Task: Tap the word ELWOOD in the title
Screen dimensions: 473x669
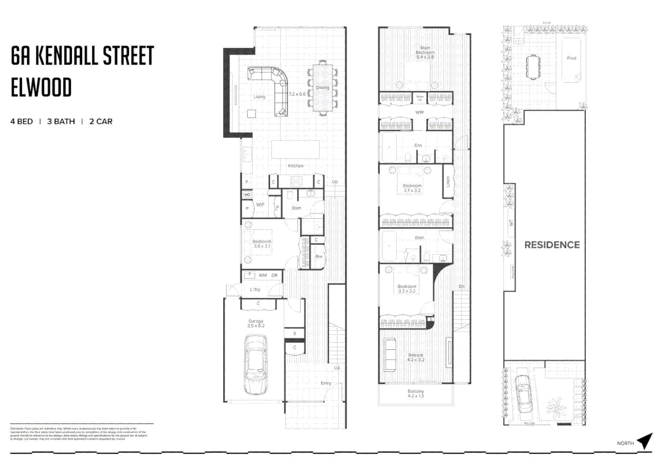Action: pos(41,88)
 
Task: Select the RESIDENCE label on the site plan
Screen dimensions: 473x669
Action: pos(552,245)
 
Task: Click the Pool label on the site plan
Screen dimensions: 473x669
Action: pos(571,58)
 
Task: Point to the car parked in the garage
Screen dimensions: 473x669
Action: pos(255,364)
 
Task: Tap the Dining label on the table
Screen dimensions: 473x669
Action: pos(323,88)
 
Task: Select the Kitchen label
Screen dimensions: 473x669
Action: pos(296,166)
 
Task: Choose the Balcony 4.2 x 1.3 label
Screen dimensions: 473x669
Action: pos(415,393)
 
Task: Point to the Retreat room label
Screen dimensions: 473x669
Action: pos(415,357)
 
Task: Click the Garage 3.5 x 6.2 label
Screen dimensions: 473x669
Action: pos(256,323)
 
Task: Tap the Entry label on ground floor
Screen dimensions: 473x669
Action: pos(326,383)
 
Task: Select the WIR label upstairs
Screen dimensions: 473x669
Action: pos(419,113)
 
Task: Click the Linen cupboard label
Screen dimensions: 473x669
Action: pos(448,181)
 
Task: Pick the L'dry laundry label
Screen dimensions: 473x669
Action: pos(255,289)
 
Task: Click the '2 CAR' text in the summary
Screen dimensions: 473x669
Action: pos(101,121)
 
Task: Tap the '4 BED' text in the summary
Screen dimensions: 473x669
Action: pos(21,121)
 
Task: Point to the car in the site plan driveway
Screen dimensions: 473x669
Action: pos(522,394)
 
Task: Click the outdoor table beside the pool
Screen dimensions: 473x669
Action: pos(533,67)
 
